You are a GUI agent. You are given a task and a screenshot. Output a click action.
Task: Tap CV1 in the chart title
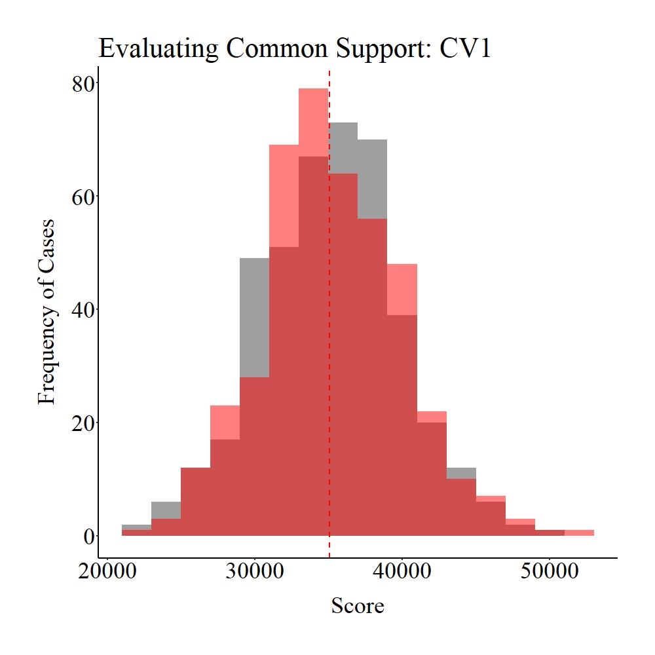click(x=465, y=49)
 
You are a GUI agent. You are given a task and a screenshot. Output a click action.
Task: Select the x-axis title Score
click(x=357, y=605)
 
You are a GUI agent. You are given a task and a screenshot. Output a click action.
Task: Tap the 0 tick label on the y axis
click(x=88, y=536)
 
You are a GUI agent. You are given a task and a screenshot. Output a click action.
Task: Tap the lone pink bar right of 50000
click(x=580, y=533)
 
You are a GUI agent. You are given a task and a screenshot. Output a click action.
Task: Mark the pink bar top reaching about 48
click(x=402, y=275)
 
